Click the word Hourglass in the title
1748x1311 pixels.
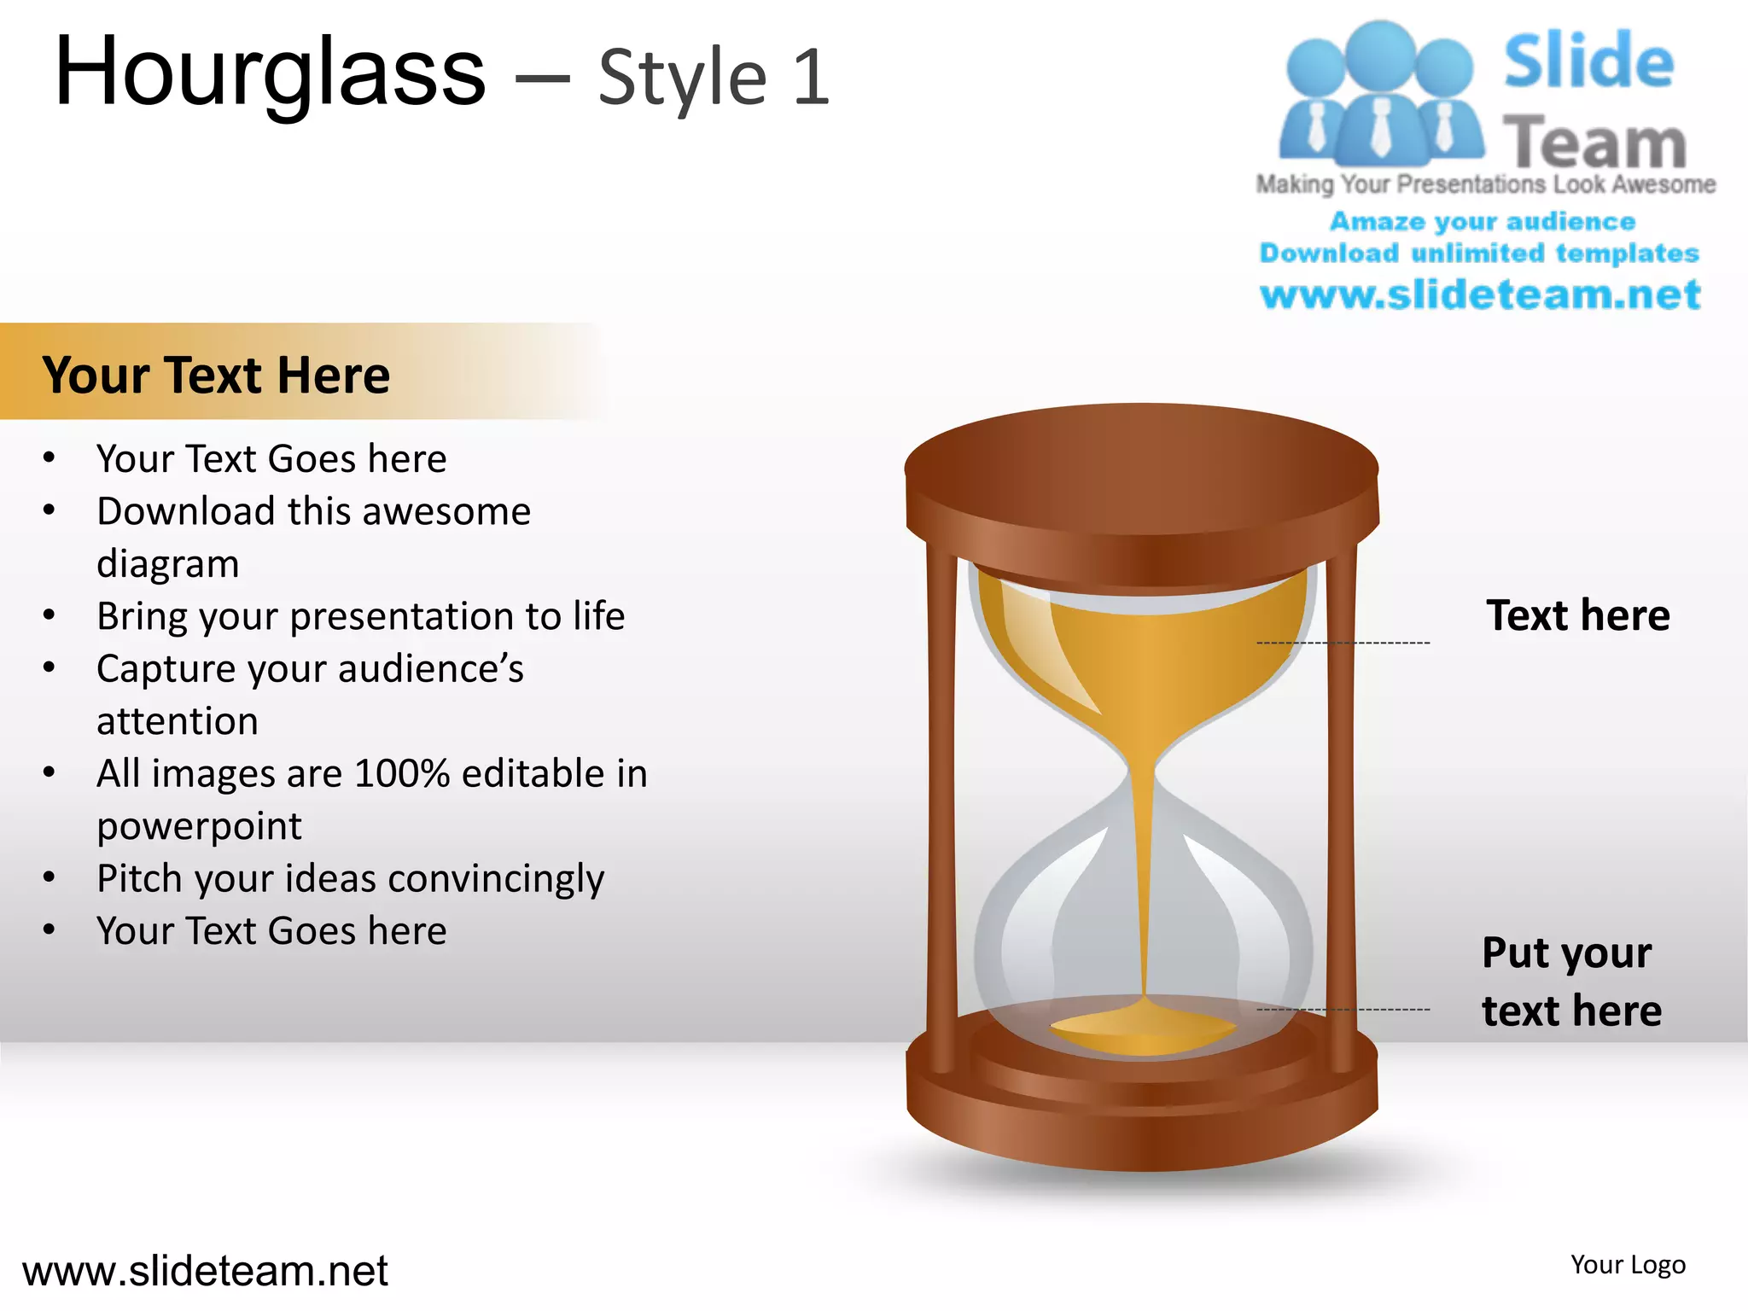pos(269,75)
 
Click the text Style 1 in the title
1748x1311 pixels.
pos(714,79)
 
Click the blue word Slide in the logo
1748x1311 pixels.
pos(1588,61)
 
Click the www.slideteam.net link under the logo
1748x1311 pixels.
pos(1480,294)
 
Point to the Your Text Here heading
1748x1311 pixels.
pos(216,375)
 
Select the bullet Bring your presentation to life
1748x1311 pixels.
pos(360,616)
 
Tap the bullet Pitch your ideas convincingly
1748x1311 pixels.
pos(350,878)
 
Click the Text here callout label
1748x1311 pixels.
pos(1577,615)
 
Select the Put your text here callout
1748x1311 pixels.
pos(1570,982)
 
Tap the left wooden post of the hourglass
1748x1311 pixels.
pos(942,811)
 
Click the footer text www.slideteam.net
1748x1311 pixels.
pos(205,1271)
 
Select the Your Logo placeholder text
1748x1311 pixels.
pos(1628,1265)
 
